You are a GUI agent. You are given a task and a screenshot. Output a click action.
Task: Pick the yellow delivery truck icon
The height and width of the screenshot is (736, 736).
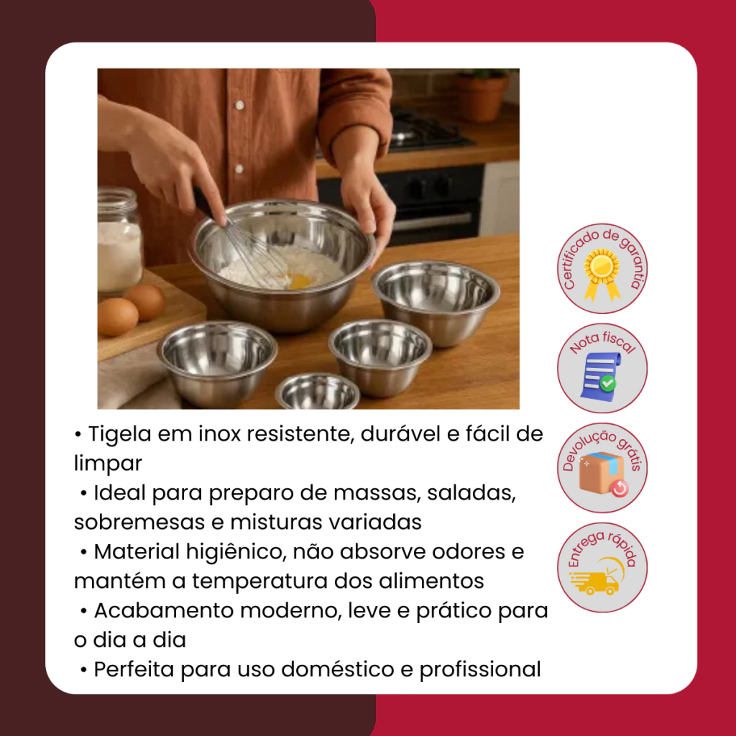tap(597, 577)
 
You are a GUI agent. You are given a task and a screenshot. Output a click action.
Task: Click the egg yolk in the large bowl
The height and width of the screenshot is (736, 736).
tap(300, 282)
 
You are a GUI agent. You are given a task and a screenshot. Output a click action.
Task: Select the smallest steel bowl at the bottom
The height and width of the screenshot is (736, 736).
tap(317, 392)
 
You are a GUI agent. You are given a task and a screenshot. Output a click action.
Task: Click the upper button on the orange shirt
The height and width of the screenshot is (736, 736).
tap(239, 105)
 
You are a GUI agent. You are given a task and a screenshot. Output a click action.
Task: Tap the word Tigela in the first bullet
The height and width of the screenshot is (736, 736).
tap(119, 435)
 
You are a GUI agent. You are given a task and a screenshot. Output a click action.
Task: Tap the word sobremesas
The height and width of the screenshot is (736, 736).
tap(139, 523)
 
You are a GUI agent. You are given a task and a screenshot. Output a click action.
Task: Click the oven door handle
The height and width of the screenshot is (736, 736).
tap(432, 221)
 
